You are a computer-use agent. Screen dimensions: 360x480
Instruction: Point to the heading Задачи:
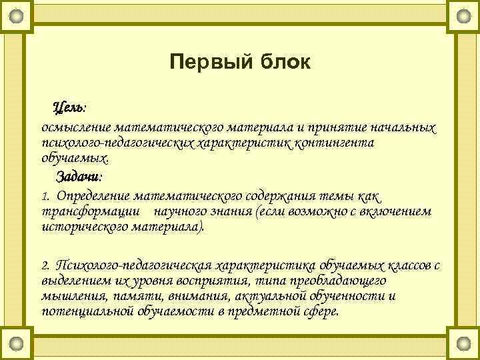79,177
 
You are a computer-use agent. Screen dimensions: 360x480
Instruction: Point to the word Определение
93,197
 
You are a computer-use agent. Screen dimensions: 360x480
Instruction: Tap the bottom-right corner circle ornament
463,345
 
